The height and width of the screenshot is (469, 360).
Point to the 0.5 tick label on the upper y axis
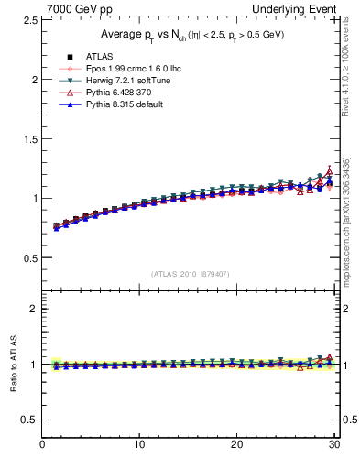click(27, 257)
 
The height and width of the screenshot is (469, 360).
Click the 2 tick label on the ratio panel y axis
click(32, 309)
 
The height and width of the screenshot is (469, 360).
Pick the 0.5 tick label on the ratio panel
click(27, 420)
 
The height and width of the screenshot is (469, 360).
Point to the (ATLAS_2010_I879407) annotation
click(190, 274)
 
